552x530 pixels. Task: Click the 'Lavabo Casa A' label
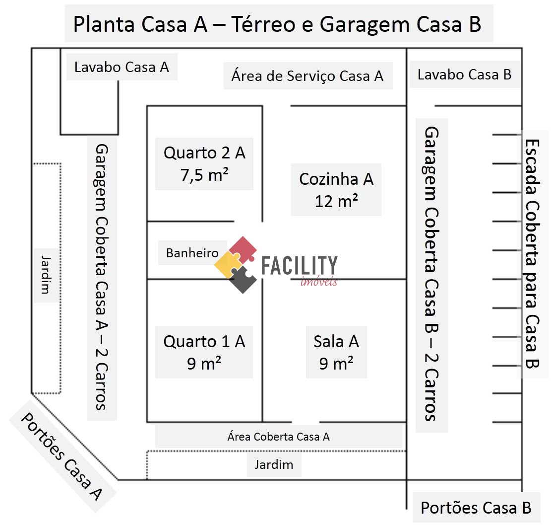(x=122, y=67)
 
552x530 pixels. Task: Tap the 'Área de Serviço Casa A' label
(x=307, y=76)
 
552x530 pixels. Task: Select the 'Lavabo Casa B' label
(x=464, y=75)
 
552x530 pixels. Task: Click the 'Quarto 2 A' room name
(x=204, y=152)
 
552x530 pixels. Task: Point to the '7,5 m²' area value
(x=204, y=174)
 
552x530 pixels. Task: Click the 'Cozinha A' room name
(x=336, y=179)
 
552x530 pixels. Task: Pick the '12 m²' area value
(x=336, y=201)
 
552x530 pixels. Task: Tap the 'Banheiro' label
(x=192, y=253)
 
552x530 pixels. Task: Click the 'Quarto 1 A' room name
(x=204, y=341)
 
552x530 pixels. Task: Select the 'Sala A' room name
(x=336, y=341)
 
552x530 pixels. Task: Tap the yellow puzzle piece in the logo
(x=228, y=264)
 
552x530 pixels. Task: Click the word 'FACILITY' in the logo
(x=299, y=266)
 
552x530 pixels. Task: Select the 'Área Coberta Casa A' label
(x=278, y=437)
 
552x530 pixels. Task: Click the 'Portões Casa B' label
(x=476, y=508)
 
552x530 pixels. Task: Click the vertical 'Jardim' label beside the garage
(x=46, y=275)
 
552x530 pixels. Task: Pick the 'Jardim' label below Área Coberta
(x=274, y=465)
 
